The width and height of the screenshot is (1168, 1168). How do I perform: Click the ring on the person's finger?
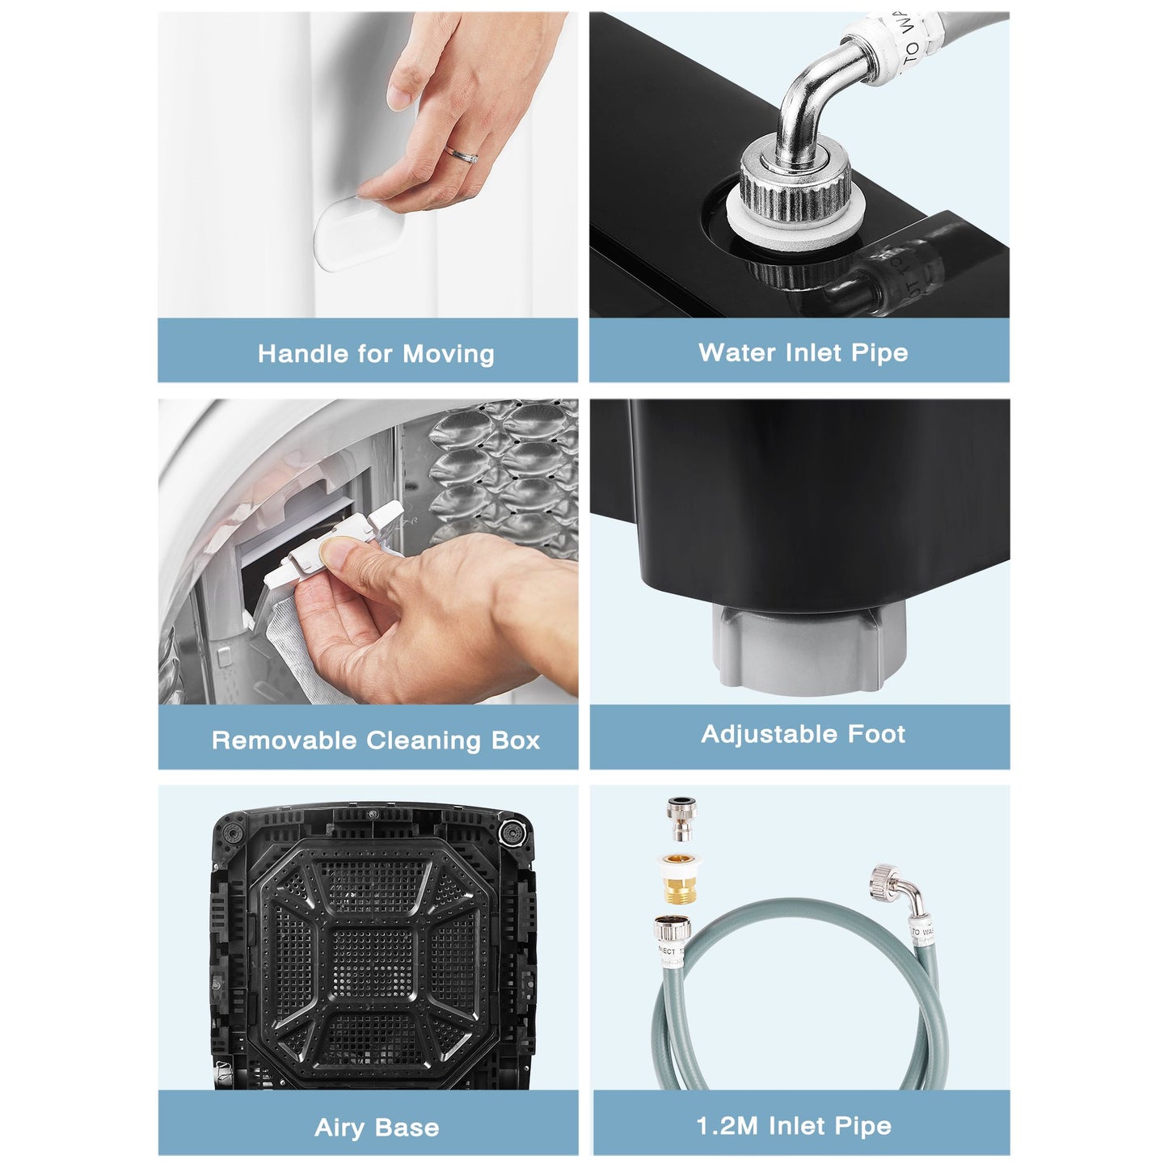click(462, 154)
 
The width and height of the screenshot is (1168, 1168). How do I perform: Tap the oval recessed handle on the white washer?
click(359, 234)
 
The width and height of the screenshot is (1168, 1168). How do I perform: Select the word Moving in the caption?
click(449, 354)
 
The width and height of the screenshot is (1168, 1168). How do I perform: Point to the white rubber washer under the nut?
click(794, 227)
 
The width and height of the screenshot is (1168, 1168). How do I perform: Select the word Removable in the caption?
click(284, 740)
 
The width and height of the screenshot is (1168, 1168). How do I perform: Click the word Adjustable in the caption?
click(770, 734)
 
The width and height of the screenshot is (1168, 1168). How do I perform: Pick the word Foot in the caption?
click(876, 734)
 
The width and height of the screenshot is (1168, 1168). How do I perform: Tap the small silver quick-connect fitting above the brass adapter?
click(682, 819)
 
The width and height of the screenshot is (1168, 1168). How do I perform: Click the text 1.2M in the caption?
click(726, 1126)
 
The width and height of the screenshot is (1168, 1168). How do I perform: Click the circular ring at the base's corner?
click(510, 833)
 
